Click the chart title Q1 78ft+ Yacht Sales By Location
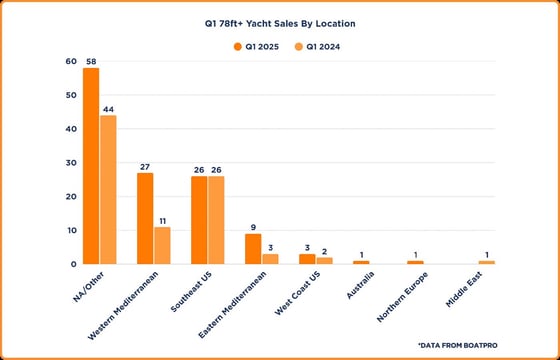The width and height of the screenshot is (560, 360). (x=279, y=21)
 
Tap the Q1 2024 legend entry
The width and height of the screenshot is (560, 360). (x=317, y=45)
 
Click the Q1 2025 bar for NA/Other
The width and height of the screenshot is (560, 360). (x=91, y=166)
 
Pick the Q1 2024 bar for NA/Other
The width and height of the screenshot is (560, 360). (x=108, y=189)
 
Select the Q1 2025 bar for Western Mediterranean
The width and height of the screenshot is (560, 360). (x=145, y=218)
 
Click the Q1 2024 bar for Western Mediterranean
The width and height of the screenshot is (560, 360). (x=162, y=245)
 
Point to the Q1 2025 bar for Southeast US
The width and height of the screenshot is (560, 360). (x=199, y=220)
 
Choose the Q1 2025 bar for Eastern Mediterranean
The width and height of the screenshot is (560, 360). (x=253, y=248)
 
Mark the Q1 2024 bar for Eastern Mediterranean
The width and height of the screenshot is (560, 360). (x=270, y=258)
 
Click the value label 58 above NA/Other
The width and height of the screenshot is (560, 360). (x=91, y=61)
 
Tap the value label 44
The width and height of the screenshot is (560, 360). (x=109, y=108)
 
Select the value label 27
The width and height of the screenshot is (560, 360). (x=145, y=166)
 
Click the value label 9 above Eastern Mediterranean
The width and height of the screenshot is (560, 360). (x=253, y=227)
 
